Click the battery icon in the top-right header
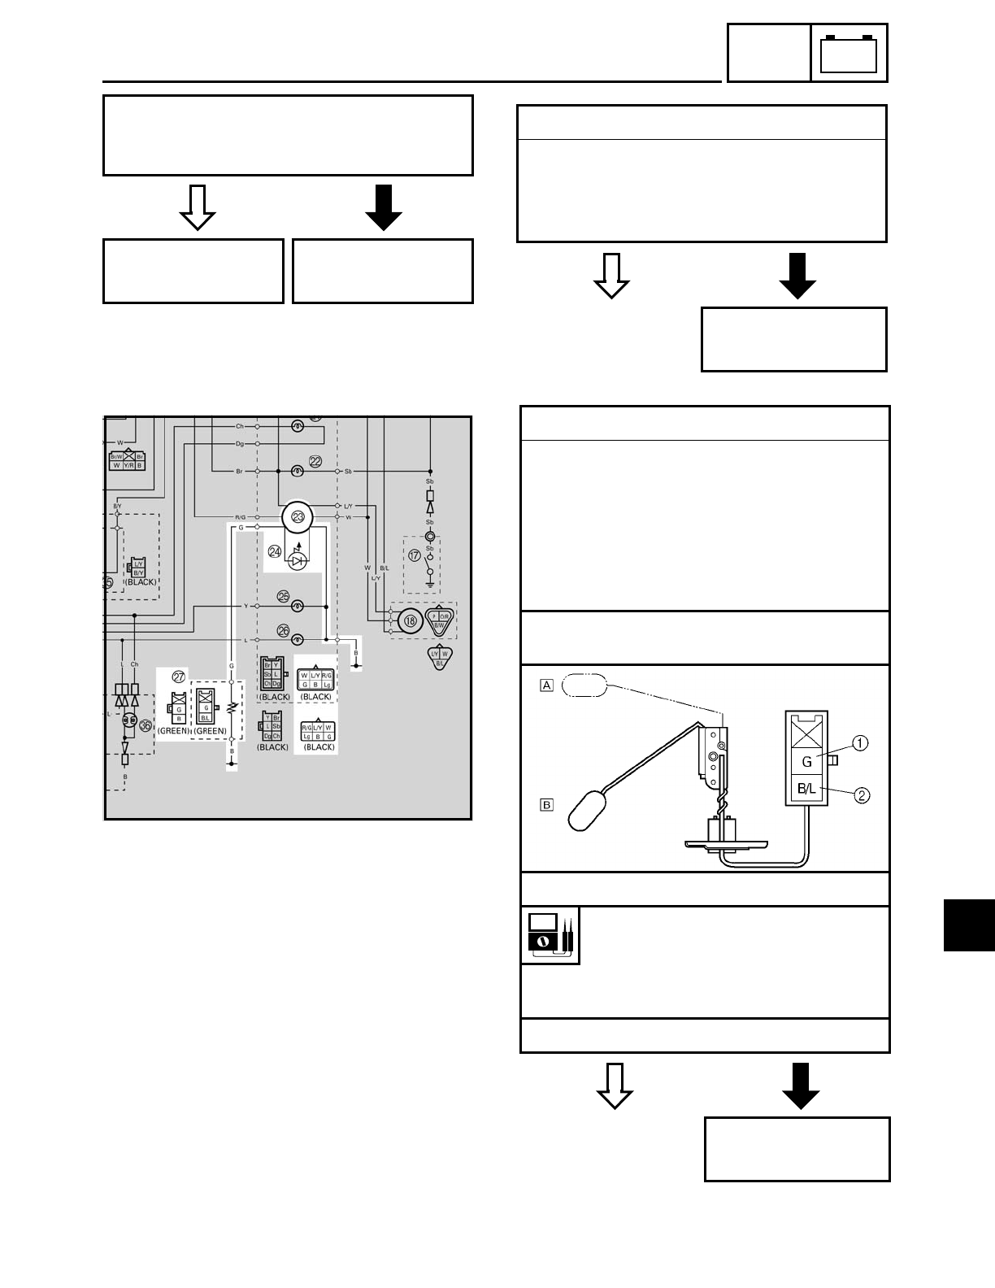click(849, 54)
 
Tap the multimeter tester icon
click(550, 935)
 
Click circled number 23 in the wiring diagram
click(298, 517)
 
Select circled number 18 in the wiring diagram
click(411, 620)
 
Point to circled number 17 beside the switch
click(415, 555)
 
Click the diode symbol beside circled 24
click(298, 559)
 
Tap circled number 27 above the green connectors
click(179, 677)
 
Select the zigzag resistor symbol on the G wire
click(232, 707)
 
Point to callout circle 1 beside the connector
click(860, 742)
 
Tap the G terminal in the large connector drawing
click(806, 763)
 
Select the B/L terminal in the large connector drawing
click(806, 789)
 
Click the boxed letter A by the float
click(547, 685)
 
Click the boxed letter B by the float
click(547, 805)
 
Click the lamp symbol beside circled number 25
click(298, 606)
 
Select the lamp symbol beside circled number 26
click(298, 640)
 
